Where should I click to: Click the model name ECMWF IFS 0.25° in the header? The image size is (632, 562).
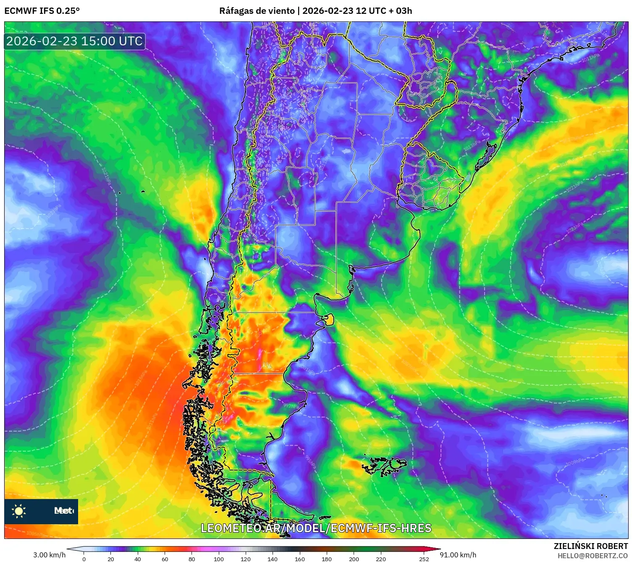(42, 11)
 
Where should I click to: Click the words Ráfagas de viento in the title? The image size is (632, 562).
(257, 11)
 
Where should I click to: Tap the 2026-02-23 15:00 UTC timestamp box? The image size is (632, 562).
(75, 41)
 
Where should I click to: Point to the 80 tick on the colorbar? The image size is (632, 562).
(192, 559)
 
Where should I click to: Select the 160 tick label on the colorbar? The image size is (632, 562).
(299, 559)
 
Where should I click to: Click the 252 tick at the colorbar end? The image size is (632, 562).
(424, 559)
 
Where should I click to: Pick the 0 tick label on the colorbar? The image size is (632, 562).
(84, 559)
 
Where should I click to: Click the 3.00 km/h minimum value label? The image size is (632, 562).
(49, 555)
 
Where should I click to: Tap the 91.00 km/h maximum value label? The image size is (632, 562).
(458, 555)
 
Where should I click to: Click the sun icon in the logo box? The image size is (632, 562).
(19, 511)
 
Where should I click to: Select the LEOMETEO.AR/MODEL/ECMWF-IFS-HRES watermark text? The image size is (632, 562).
(316, 528)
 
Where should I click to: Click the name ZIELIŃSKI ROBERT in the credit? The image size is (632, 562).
(591, 546)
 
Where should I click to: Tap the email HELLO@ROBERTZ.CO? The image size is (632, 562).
(593, 556)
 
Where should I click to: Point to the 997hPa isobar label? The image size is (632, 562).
(291, 406)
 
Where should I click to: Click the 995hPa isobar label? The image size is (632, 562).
(310, 462)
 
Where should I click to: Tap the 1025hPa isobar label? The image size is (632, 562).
(53, 211)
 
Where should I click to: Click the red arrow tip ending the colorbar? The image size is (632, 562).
(438, 549)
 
